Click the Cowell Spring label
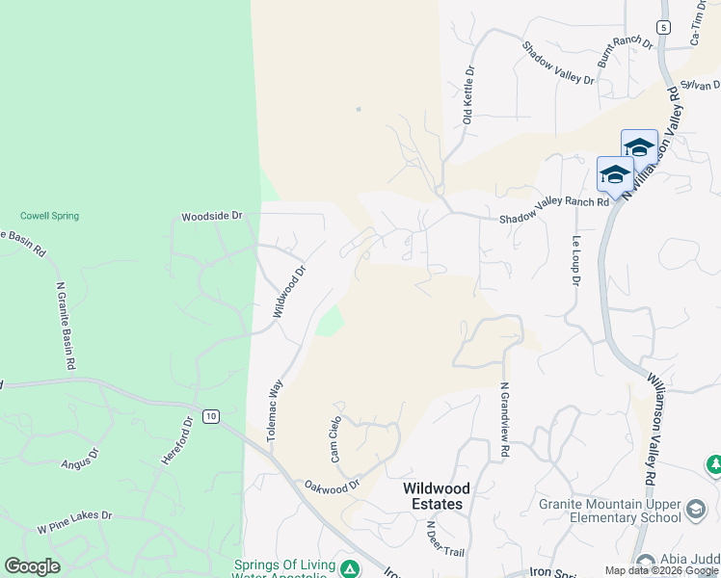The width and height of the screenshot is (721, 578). pyautogui.click(x=49, y=216)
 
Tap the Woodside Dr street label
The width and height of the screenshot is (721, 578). pyautogui.click(x=212, y=217)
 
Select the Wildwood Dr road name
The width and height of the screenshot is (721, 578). pyautogui.click(x=288, y=292)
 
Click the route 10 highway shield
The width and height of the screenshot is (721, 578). pyautogui.click(x=211, y=416)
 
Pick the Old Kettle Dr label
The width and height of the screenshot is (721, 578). pyautogui.click(x=468, y=95)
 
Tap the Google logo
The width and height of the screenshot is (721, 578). pyautogui.click(x=33, y=566)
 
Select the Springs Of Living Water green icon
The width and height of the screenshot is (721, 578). pyautogui.click(x=351, y=569)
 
